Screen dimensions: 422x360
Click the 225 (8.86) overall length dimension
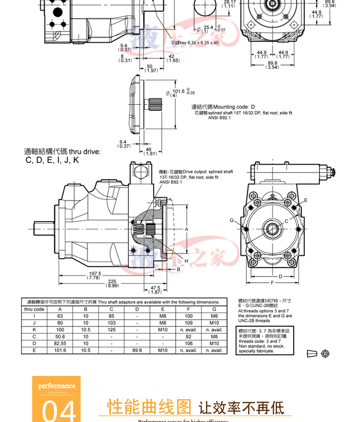[113, 283]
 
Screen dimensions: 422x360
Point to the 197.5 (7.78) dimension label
[95, 276]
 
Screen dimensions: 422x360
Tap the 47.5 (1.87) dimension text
[155, 289]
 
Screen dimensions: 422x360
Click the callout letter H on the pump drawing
[186, 261]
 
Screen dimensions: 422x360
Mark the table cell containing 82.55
[60, 344]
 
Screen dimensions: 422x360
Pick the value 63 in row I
[60, 316]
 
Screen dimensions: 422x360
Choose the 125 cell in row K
[111, 330]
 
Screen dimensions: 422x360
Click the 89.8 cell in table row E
[137, 350]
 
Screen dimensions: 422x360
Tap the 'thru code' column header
[34, 309]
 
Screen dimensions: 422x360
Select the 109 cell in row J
[189, 323]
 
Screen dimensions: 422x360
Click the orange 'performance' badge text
[57, 386]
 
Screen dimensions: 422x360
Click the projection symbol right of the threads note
[319, 354]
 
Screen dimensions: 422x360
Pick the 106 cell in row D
[189, 344]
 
